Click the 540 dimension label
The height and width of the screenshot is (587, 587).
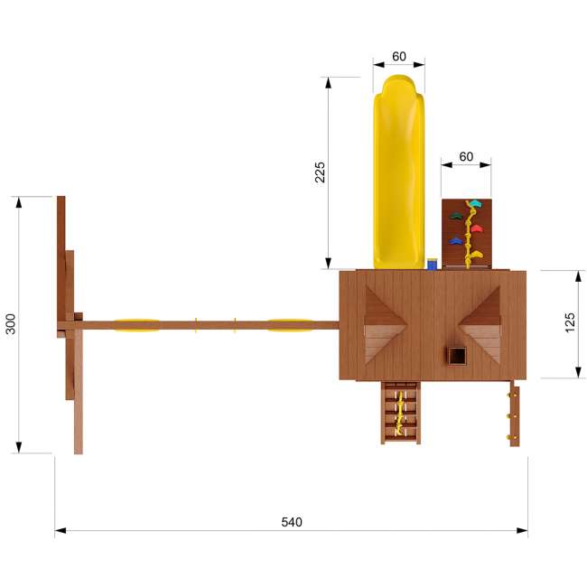292,522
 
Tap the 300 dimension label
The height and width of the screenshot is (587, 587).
11,324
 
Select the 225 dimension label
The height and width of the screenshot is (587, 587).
320,172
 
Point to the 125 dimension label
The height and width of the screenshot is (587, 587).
569,322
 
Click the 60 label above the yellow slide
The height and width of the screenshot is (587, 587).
399,56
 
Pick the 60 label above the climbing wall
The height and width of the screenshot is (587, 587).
466,156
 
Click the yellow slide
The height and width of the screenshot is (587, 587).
398,172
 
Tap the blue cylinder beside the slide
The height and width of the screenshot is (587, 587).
433,264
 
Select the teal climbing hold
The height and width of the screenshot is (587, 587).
475,203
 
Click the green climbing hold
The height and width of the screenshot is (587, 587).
456,216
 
